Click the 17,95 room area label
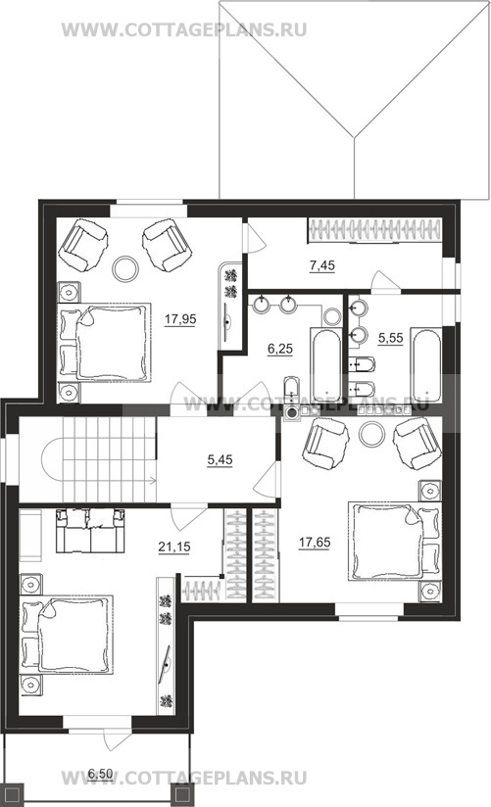click(x=180, y=319)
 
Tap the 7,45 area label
click(x=322, y=265)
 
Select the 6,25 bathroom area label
click(x=279, y=349)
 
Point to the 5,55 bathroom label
click(x=390, y=338)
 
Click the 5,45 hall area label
click(x=220, y=459)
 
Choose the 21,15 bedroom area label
click(x=174, y=547)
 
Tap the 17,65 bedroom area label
click(x=315, y=542)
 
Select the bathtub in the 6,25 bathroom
click(x=325, y=363)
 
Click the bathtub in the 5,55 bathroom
click(x=426, y=364)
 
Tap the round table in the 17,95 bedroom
click(x=125, y=268)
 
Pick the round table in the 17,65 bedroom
click(x=371, y=435)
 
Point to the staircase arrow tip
click(x=156, y=481)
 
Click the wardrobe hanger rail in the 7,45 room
click(x=375, y=229)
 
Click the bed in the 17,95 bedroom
click(x=104, y=342)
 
